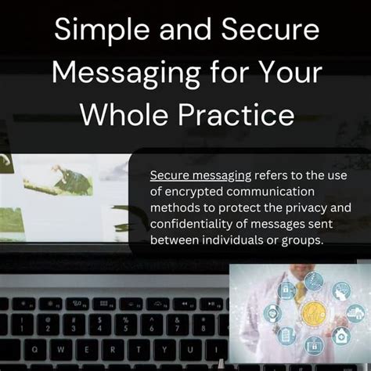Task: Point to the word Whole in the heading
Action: coord(124,115)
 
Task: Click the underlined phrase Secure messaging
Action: coord(201,175)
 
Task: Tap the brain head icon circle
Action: coord(342,291)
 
